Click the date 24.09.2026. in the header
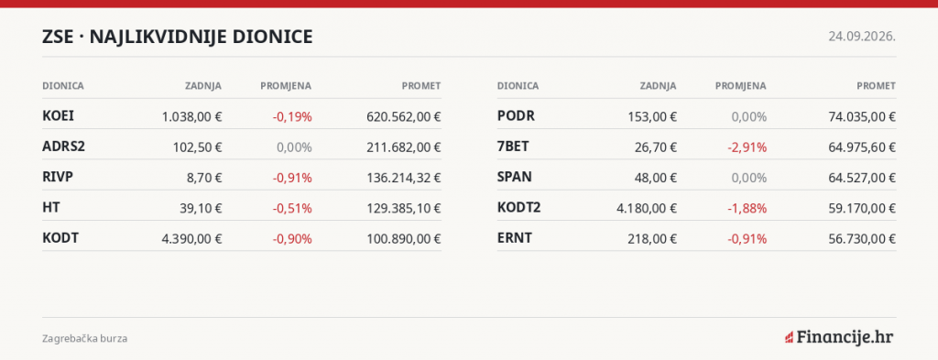[862, 37]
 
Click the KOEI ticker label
[58, 116]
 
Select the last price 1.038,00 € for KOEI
[192, 116]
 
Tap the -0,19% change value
[292, 116]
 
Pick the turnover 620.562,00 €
[404, 116]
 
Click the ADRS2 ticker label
[63, 147]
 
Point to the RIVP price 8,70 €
[202, 178]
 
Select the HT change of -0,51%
[292, 208]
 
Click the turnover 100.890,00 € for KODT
[404, 238]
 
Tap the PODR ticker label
[516, 116]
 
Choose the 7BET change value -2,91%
[747, 147]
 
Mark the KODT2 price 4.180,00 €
[647, 208]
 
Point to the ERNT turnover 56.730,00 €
[862, 238]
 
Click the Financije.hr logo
[839, 337]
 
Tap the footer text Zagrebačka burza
[85, 338]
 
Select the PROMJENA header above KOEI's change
[286, 86]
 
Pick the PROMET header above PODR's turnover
[877, 86]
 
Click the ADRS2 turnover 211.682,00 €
[404, 147]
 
